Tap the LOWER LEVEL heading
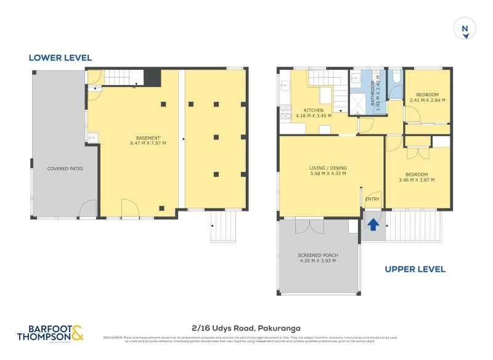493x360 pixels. click(60, 58)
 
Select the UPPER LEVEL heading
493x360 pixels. click(415, 269)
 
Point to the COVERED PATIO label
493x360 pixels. click(65, 168)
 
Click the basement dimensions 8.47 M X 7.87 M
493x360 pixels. click(148, 143)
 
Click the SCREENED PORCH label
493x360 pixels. click(317, 255)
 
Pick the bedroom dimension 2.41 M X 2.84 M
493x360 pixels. click(428, 100)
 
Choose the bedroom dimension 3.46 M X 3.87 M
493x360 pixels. click(417, 181)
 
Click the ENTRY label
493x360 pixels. click(372, 199)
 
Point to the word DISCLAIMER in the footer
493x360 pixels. click(113, 337)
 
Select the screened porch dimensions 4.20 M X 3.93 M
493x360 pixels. click(317, 261)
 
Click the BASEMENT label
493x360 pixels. click(148, 137)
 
